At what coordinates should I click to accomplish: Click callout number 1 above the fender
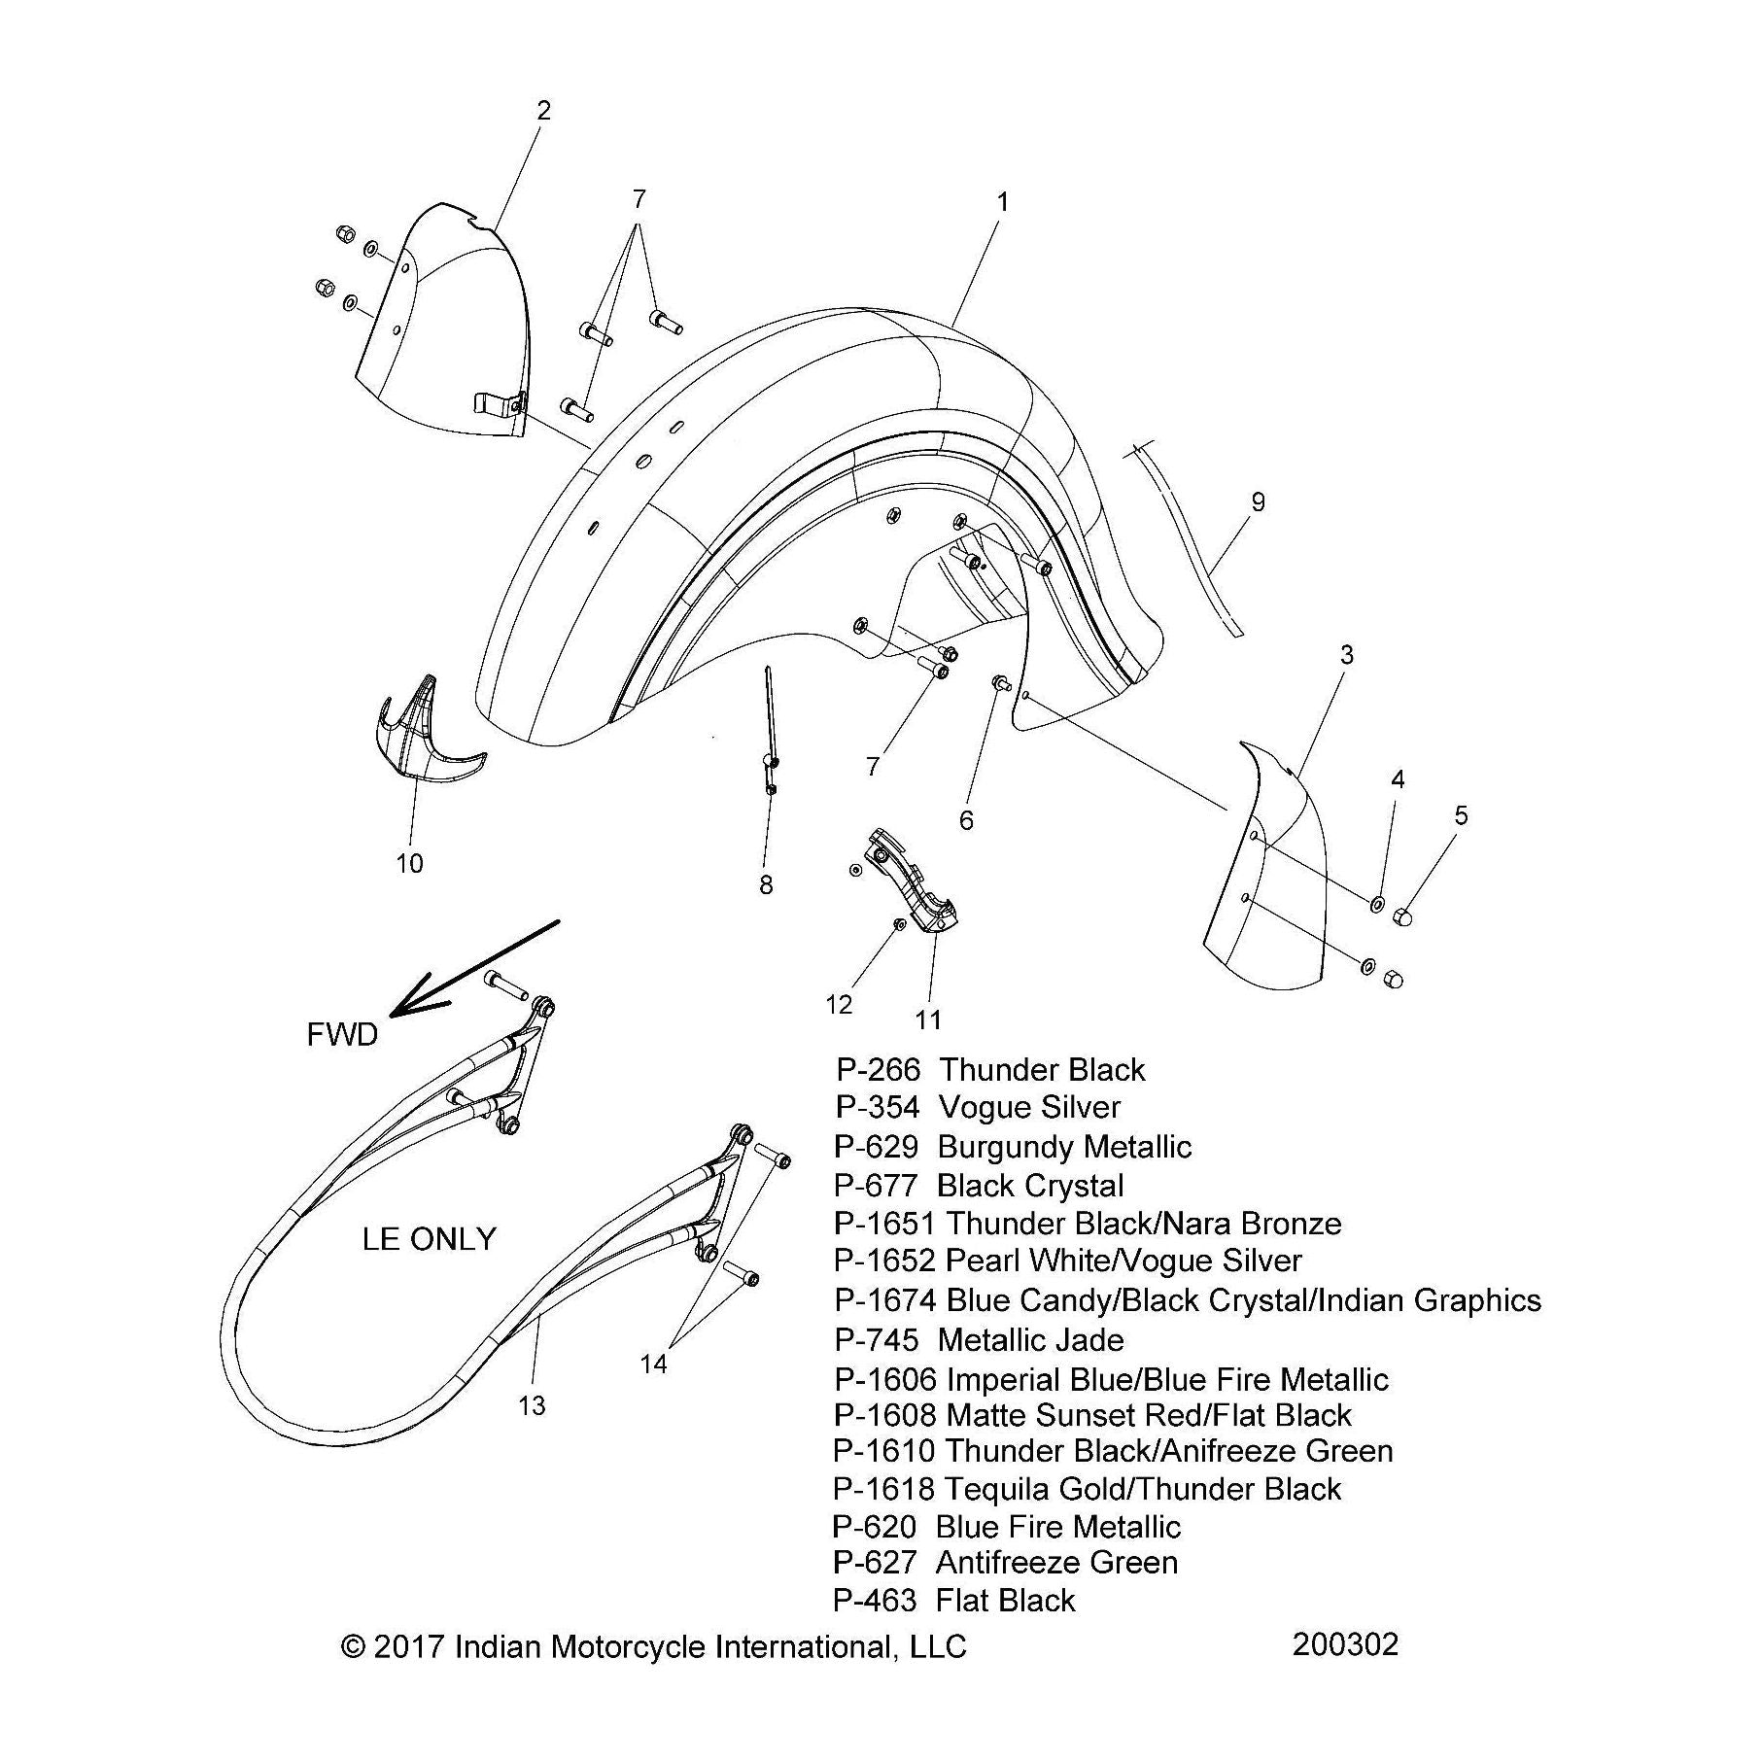[1002, 202]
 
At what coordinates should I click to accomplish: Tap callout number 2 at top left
[543, 110]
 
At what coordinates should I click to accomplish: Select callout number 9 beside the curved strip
[1258, 501]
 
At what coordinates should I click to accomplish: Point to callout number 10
[409, 862]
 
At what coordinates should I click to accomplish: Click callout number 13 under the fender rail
[532, 1404]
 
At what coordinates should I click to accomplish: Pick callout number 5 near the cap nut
[1461, 815]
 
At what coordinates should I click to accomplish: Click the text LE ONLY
[429, 1238]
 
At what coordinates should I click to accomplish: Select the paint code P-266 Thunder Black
[989, 1070]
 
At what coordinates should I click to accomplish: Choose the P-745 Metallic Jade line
[979, 1340]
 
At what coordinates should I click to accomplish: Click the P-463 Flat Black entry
[953, 1601]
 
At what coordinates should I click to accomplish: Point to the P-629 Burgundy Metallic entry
[1012, 1147]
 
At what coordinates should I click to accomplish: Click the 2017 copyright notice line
[653, 1646]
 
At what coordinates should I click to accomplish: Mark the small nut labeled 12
[900, 922]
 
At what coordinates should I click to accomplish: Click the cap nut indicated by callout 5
[1402, 916]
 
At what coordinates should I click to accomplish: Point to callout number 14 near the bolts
[653, 1364]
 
